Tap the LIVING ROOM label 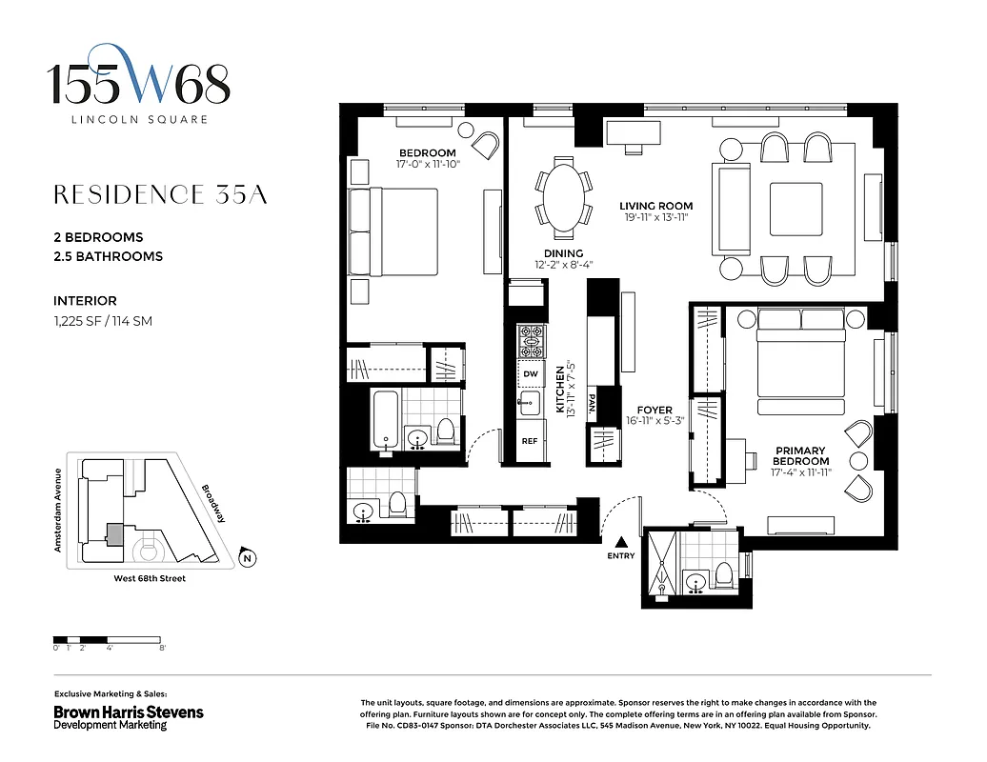point(655,206)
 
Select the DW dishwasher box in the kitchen point(531,373)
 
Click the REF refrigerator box point(531,442)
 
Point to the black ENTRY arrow point(619,540)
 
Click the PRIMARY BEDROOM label point(801,455)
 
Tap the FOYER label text point(655,411)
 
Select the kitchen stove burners point(531,339)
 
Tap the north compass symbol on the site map point(247,558)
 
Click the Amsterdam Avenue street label point(59,510)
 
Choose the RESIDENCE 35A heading point(160,195)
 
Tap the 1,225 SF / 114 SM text point(103,321)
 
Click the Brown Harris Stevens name point(128,712)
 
